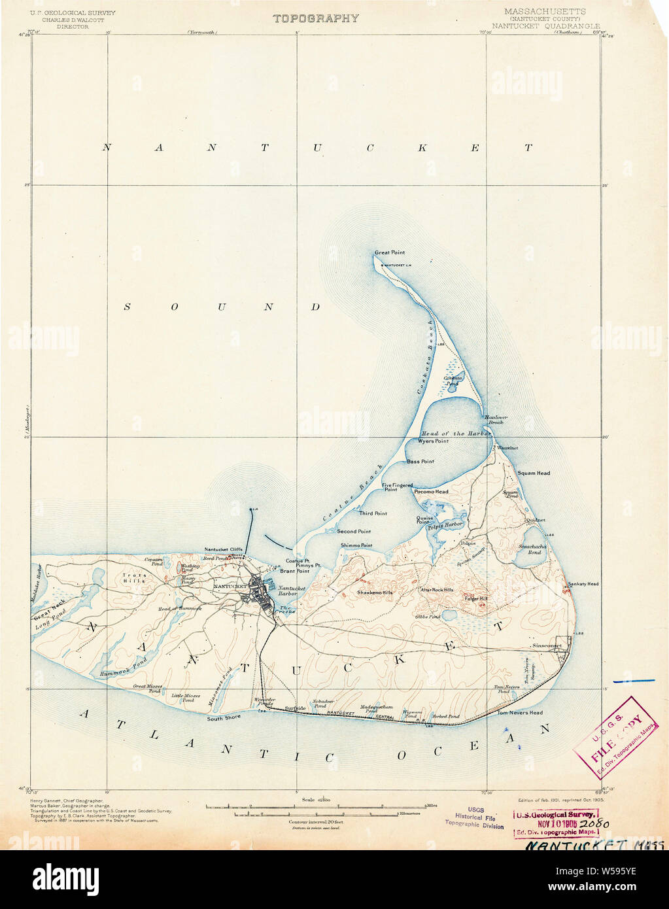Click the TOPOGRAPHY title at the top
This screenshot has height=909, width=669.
click(x=315, y=18)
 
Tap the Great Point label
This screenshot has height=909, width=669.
click(x=390, y=252)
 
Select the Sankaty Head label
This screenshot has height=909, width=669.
click(x=583, y=584)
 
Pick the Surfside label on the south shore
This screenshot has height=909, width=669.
click(x=295, y=708)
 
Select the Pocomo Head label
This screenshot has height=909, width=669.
click(x=431, y=492)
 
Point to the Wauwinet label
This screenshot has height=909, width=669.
click(x=507, y=448)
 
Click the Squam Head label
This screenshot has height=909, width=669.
click(x=534, y=473)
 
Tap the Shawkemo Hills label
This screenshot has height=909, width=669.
click(x=374, y=592)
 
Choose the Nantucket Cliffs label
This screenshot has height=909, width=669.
click(x=223, y=549)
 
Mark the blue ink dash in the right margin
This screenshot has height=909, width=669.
click(x=633, y=681)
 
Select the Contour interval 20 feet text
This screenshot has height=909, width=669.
click(x=317, y=821)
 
